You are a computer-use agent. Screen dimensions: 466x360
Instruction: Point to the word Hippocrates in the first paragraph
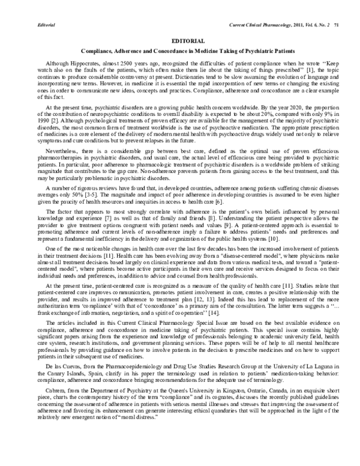click(x=87, y=63)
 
